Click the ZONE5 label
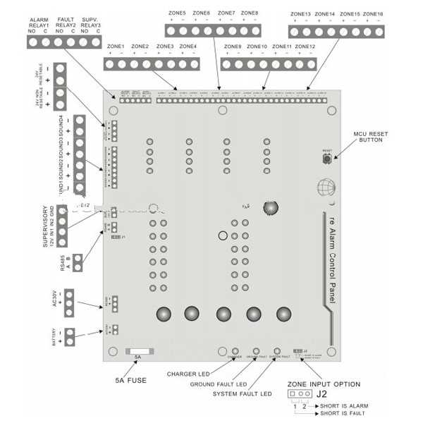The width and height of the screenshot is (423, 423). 178,13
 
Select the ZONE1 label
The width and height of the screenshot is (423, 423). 116,47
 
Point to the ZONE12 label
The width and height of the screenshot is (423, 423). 305,47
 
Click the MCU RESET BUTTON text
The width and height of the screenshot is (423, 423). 369,136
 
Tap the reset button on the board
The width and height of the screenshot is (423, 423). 327,159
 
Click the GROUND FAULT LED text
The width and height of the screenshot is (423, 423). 219,384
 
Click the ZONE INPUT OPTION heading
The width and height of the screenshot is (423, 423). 324,384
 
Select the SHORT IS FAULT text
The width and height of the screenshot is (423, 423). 343,415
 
